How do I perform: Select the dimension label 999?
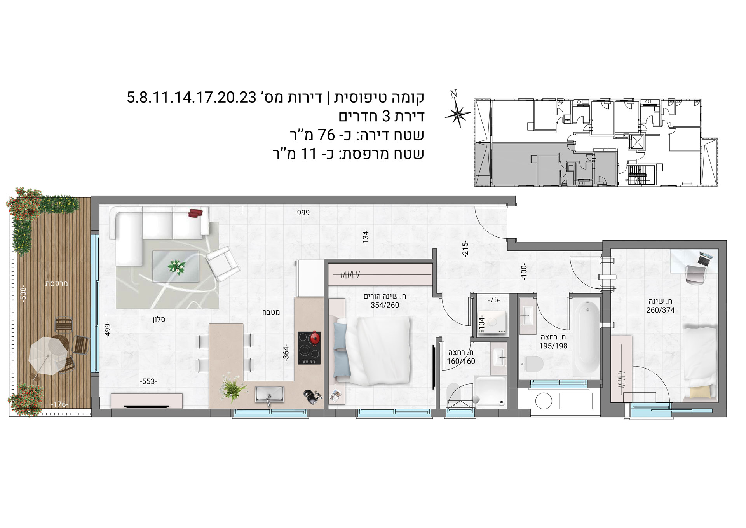[x=303, y=213]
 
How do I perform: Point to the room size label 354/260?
[x=385, y=305]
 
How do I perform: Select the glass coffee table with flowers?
[x=176, y=266]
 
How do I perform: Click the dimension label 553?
[x=148, y=382]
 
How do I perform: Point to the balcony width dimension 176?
[x=59, y=404]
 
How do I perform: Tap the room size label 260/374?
[x=661, y=310]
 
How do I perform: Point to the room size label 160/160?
[x=461, y=361]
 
